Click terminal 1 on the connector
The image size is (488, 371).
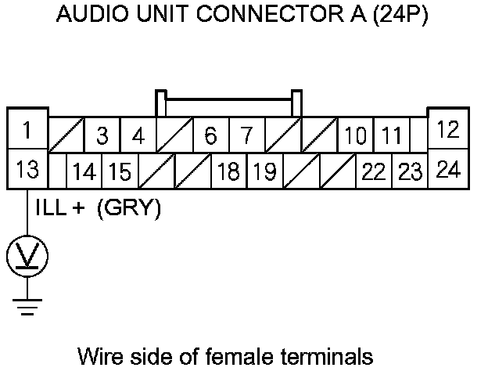[x=27, y=130]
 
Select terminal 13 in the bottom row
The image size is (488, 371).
[x=27, y=169]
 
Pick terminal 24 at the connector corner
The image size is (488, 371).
[x=448, y=169]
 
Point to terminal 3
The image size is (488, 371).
[x=102, y=135]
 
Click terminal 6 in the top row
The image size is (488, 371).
[x=210, y=135]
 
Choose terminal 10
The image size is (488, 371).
[x=355, y=135]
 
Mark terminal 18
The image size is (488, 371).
[x=228, y=171]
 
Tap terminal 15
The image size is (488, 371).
[x=119, y=171]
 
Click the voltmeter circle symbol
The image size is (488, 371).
[x=27, y=256]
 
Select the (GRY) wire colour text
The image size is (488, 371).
[x=129, y=210]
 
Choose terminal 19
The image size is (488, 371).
[x=264, y=171]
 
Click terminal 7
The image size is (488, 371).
[x=246, y=135]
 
